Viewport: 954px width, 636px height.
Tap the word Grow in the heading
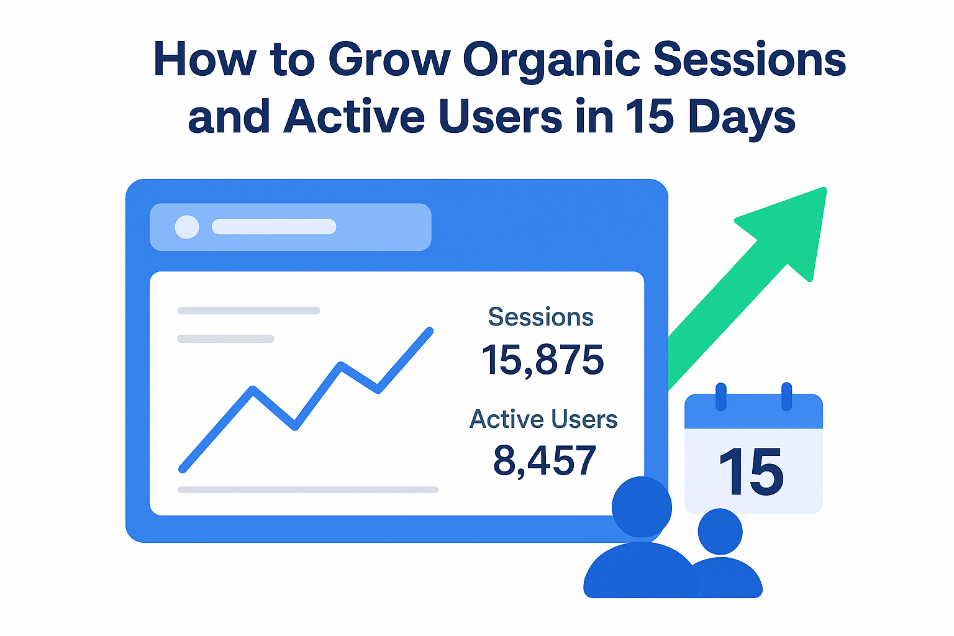pos(389,59)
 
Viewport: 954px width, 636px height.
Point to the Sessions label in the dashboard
pos(541,317)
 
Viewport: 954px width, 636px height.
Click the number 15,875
pos(543,360)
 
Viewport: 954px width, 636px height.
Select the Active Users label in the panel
pos(543,419)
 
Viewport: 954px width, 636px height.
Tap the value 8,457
pos(544,460)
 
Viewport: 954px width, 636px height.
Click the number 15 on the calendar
pos(751,471)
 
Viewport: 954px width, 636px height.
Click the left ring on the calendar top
pos(721,397)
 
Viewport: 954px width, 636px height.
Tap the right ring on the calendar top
pos(787,397)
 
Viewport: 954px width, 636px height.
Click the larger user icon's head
pos(642,507)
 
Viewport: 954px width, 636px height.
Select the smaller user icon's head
pos(720,532)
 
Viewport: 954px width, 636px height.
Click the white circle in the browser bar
pos(187,227)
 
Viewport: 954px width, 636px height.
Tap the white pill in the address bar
pos(274,227)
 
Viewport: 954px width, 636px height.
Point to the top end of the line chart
pos(430,330)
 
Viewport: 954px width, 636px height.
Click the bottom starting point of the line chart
pos(182,470)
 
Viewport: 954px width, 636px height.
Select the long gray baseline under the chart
pos(308,490)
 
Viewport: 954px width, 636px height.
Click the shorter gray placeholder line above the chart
pos(225,338)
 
